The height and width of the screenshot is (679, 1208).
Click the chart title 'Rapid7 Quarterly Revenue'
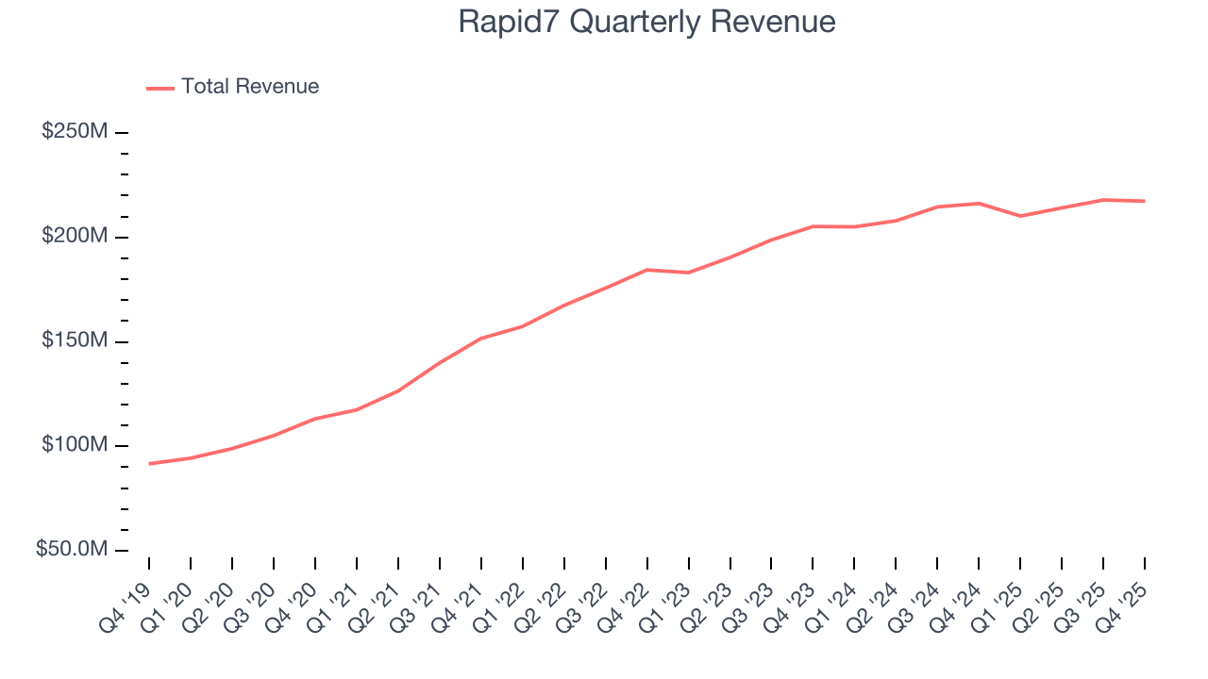tap(646, 22)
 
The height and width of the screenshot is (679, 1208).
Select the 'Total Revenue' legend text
tap(250, 87)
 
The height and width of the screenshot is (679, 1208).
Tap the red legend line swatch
tap(160, 88)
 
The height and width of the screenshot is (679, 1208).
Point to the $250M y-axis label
tap(75, 132)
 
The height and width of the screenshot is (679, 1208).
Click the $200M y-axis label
tap(75, 236)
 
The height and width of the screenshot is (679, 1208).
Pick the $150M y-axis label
tap(75, 340)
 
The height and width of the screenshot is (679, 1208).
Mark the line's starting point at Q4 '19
tap(149, 464)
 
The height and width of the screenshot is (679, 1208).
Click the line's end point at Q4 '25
tap(1145, 201)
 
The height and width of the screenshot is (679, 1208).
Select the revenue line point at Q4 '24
tap(979, 204)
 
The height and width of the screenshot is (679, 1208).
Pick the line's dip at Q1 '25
tap(1020, 216)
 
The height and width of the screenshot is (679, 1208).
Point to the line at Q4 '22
tap(646, 270)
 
